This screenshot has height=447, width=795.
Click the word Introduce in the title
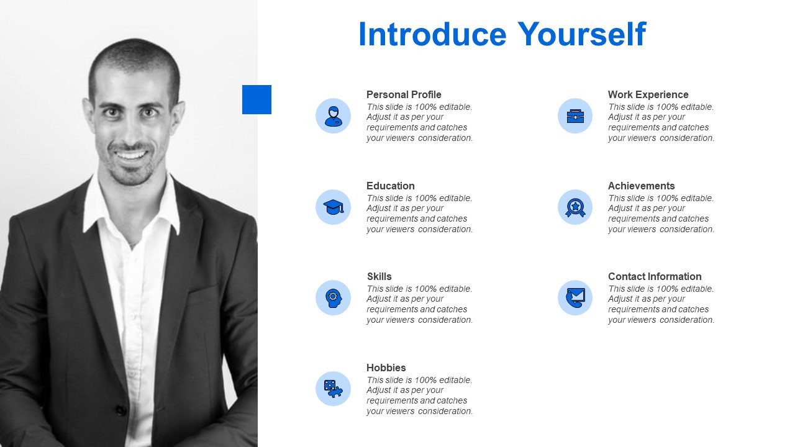pyautogui.click(x=432, y=34)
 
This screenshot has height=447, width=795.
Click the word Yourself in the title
pyautogui.click(x=582, y=34)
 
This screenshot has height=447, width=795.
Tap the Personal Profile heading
pyautogui.click(x=404, y=95)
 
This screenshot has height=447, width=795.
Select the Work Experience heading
pyautogui.click(x=648, y=95)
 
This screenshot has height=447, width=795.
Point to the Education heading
pyautogui.click(x=391, y=186)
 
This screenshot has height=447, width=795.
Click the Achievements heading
pyautogui.click(x=642, y=186)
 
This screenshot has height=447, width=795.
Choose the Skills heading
pyautogui.click(x=379, y=276)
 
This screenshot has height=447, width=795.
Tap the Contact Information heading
pyautogui.click(x=655, y=276)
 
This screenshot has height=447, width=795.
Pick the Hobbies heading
pyautogui.click(x=386, y=368)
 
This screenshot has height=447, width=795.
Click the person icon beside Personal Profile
pyautogui.click(x=334, y=116)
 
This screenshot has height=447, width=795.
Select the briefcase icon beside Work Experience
pyautogui.click(x=575, y=116)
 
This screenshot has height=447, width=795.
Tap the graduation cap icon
pyautogui.click(x=334, y=207)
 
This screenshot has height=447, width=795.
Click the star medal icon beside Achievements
pyautogui.click(x=575, y=207)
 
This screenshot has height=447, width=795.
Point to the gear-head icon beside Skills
pyautogui.click(x=334, y=298)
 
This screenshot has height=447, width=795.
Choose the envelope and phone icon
pyautogui.click(x=575, y=297)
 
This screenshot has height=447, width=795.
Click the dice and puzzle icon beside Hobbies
pyautogui.click(x=334, y=389)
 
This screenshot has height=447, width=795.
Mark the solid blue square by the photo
pyautogui.click(x=257, y=100)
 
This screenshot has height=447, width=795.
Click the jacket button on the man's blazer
pyautogui.click(x=121, y=410)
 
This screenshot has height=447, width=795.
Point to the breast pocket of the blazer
pyautogui.click(x=203, y=292)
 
